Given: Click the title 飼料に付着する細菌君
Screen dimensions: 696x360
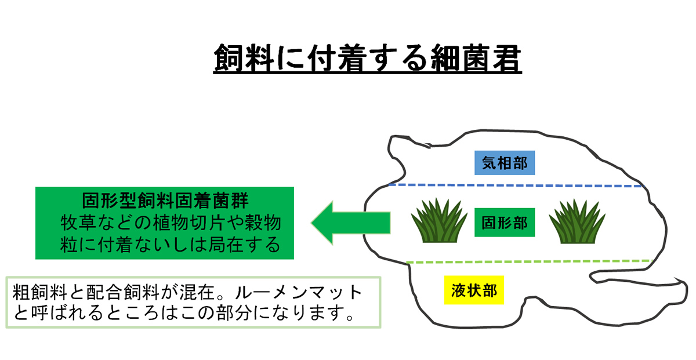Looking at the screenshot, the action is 367,59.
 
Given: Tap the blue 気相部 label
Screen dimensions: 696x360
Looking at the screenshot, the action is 505,163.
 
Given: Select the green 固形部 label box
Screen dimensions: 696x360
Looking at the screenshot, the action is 505,223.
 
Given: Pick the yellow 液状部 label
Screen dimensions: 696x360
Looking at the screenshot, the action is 474,290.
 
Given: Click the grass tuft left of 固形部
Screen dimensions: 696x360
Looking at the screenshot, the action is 439,221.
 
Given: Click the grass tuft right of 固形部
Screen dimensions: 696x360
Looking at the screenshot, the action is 577,221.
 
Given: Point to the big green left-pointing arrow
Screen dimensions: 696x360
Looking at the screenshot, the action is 351,223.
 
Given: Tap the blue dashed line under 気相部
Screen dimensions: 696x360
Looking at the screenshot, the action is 516,186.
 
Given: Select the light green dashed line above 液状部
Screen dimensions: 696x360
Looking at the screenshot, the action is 529,261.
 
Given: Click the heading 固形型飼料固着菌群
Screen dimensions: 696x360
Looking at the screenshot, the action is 165,201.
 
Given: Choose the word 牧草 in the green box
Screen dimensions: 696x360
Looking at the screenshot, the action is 78,223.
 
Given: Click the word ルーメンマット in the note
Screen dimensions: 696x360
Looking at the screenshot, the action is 299,292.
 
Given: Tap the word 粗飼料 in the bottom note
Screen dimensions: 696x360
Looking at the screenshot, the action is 40,292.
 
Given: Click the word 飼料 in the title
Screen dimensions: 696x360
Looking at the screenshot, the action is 244,59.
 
